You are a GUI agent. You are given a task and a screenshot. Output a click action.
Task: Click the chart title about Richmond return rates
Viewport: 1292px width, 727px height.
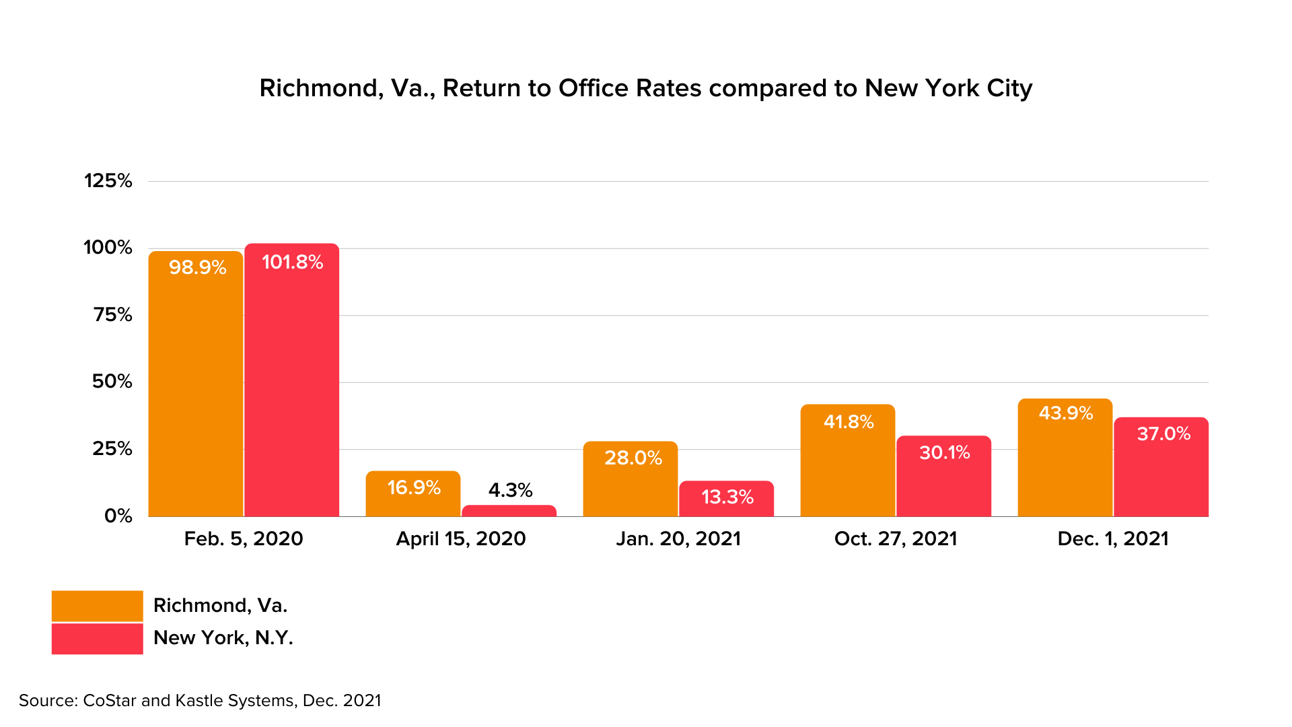[x=645, y=88]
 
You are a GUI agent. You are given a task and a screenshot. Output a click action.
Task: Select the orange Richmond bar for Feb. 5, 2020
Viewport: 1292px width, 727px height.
[x=195, y=390]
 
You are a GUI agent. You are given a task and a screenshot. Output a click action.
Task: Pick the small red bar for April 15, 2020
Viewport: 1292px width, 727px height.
[x=509, y=511]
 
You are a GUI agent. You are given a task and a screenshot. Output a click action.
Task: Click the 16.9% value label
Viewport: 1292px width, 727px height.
[x=414, y=487]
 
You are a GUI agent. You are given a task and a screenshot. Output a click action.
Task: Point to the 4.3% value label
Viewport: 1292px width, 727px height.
[x=510, y=490]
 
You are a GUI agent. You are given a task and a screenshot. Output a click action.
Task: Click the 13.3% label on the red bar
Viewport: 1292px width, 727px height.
[x=727, y=497]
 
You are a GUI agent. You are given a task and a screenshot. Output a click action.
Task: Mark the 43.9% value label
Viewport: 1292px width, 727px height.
[x=1065, y=413]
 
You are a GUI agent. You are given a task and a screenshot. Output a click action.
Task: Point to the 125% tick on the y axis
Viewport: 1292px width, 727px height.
[x=108, y=180]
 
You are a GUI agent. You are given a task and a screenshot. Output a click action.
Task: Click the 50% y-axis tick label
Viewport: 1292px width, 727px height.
[x=112, y=382]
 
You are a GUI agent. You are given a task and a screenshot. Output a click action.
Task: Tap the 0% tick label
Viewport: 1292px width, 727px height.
[x=118, y=516]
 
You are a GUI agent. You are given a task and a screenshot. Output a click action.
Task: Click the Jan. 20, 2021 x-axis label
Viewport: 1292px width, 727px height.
[x=678, y=539]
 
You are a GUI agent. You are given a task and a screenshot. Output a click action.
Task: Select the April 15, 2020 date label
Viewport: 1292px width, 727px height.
[x=461, y=539]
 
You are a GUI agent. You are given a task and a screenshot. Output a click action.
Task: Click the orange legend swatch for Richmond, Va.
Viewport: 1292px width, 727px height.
[x=97, y=606]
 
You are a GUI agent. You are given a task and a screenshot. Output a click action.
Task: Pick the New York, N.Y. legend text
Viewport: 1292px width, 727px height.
[x=223, y=637]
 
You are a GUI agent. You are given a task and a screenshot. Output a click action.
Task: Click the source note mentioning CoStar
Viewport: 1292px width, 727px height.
[x=200, y=700]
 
